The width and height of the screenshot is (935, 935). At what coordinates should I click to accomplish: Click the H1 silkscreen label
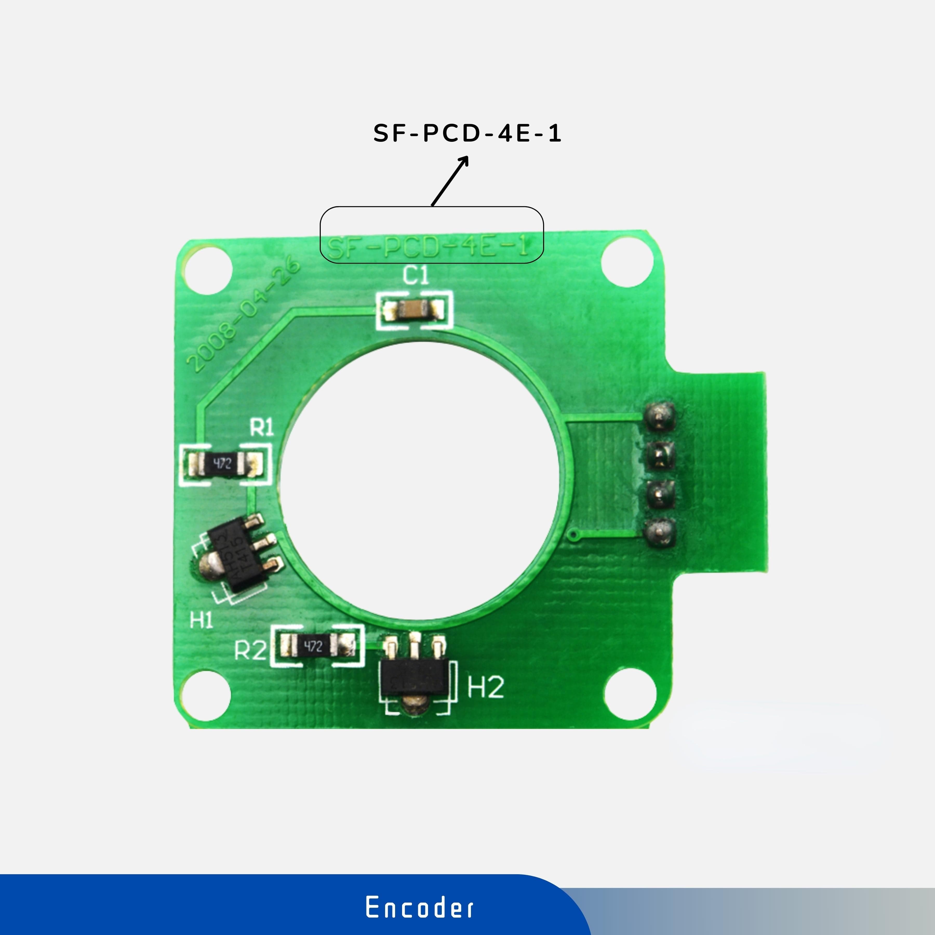pos(201,620)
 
